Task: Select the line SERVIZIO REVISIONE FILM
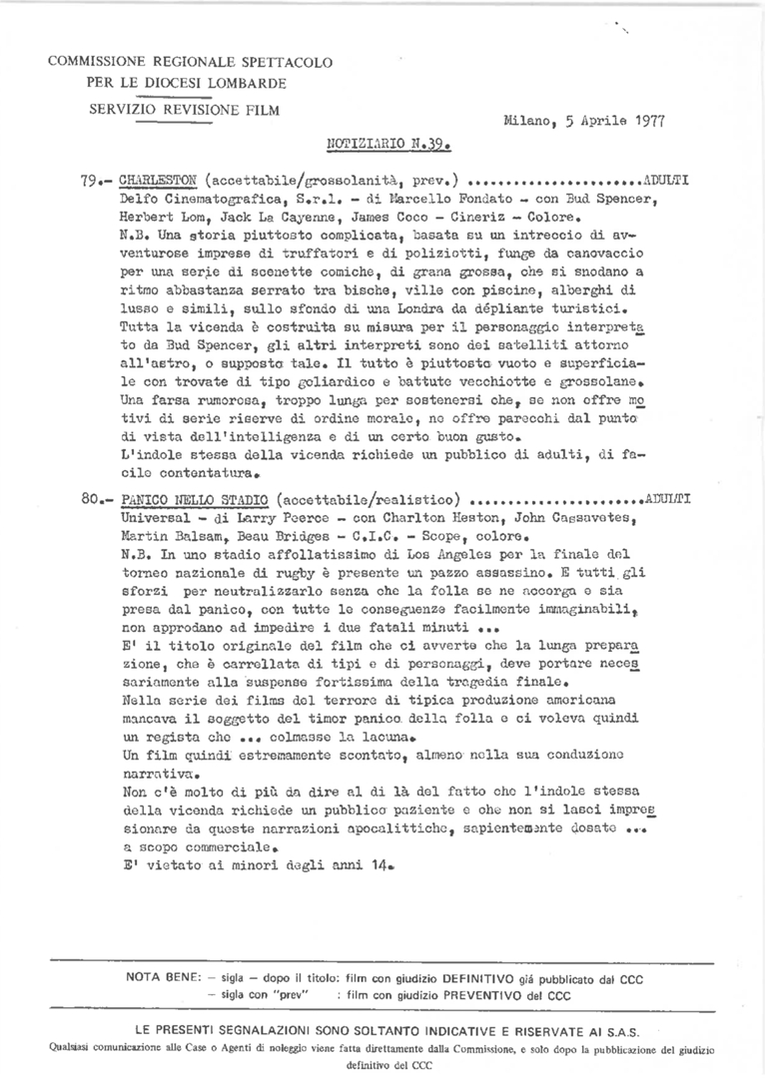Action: [184, 109]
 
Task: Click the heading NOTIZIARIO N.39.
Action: [390, 144]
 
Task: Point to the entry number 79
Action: [92, 183]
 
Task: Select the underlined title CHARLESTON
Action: [157, 183]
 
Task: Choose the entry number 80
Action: [93, 497]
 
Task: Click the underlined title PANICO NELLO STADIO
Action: [193, 497]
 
